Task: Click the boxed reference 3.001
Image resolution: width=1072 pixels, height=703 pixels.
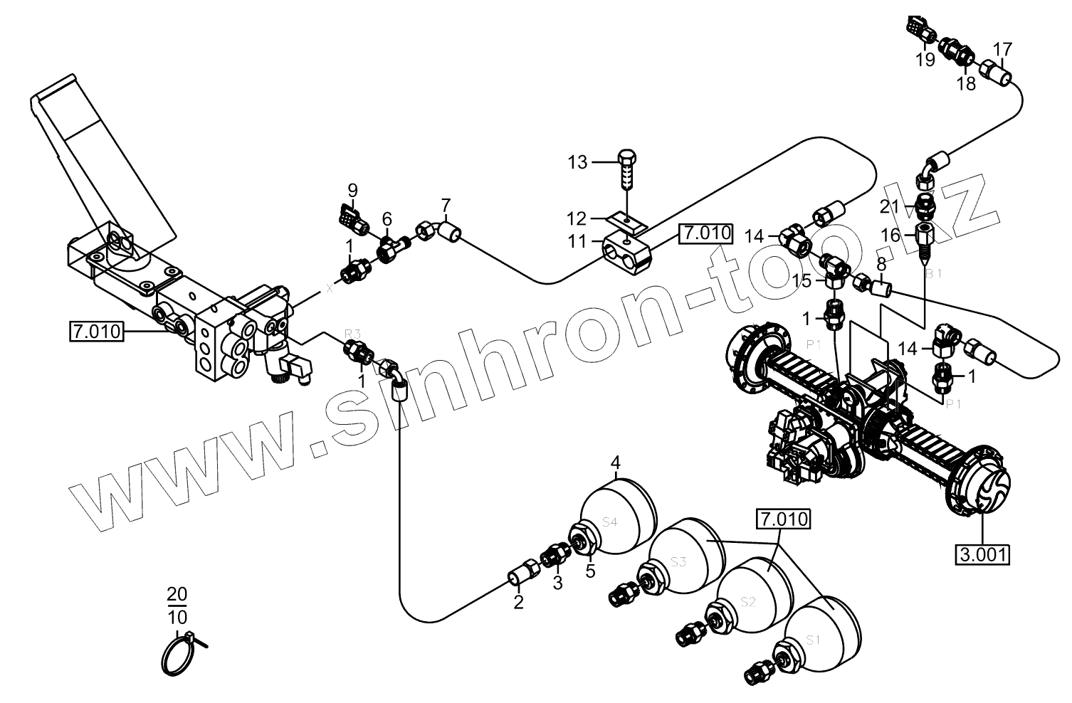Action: pos(982,554)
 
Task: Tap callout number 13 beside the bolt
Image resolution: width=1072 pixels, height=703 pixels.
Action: pos(577,163)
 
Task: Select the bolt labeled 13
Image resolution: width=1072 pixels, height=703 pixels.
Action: pos(626,169)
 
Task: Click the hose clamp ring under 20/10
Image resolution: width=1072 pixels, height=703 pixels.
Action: pos(178,653)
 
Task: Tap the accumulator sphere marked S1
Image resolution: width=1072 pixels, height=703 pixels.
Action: pos(822,630)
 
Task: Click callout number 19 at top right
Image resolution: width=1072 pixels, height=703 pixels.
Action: pos(925,60)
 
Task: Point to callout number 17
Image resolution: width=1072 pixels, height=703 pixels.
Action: pos(1002,50)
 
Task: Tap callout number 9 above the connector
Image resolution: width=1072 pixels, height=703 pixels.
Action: pos(352,190)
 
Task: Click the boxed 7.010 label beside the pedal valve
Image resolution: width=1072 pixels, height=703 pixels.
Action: pos(96,331)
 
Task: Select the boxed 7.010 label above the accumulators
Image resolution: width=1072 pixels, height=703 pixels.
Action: pos(784,519)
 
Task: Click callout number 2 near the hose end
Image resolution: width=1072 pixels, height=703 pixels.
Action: pos(518,603)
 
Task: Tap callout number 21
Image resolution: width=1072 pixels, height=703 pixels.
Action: pos(889,206)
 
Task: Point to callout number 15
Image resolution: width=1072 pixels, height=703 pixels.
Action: pos(802,281)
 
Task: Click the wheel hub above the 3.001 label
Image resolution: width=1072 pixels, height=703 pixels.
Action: pos(979,482)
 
